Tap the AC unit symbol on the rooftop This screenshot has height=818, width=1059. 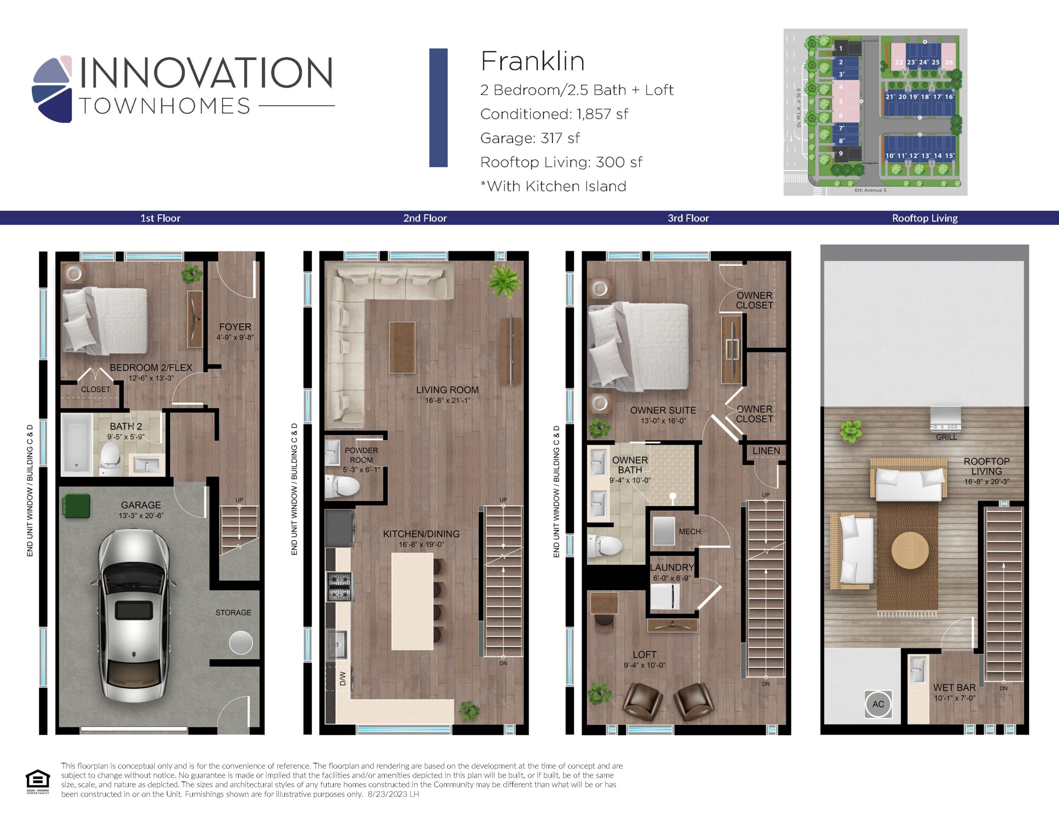pyautogui.click(x=878, y=703)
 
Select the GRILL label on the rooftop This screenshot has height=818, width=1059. pyautogui.click(x=946, y=437)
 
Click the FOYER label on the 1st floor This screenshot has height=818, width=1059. pyautogui.click(x=235, y=327)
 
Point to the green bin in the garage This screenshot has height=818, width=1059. pyautogui.click(x=76, y=506)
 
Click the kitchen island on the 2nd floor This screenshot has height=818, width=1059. pyautogui.click(x=412, y=601)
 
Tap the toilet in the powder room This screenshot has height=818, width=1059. pyautogui.click(x=343, y=486)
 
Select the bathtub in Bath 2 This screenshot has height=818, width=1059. pyautogui.click(x=77, y=444)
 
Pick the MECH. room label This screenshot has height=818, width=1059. pyautogui.click(x=690, y=531)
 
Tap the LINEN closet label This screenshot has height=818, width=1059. pyautogui.click(x=766, y=451)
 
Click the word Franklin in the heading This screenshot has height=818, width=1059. pyautogui.click(x=532, y=61)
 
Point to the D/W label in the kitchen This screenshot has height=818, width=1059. pyautogui.click(x=343, y=678)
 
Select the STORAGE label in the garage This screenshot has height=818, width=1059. pyautogui.click(x=233, y=612)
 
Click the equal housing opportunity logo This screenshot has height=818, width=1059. pyautogui.click(x=38, y=782)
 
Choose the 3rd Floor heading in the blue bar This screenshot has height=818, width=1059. pyautogui.click(x=688, y=218)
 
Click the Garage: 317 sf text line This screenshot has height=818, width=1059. pyautogui.click(x=529, y=138)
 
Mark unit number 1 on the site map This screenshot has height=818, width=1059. pyautogui.click(x=841, y=48)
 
